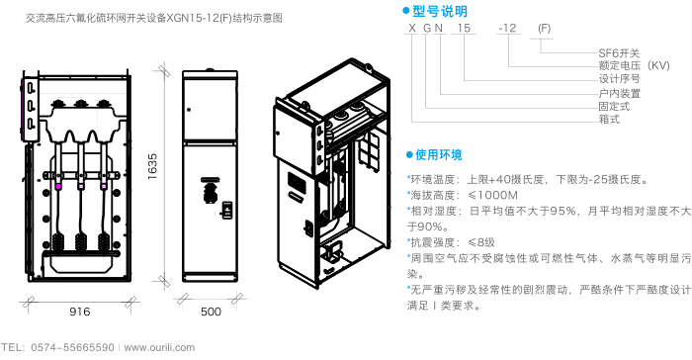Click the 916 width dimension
80,312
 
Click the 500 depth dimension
211,312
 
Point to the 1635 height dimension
152,166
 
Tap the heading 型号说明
440,11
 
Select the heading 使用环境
439,154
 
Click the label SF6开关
619,53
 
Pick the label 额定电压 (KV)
635,66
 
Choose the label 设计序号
619,78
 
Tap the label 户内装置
619,93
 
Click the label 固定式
614,107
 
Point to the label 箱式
609,120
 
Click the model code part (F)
544,29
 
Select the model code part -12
507,29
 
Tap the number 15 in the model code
464,29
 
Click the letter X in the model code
412,29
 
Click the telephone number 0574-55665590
72,347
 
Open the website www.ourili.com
159,347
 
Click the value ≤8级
481,242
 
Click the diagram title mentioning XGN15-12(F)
154,18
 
